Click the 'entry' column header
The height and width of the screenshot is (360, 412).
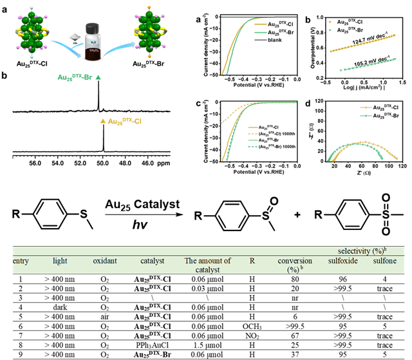21,261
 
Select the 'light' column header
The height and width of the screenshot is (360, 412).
60,261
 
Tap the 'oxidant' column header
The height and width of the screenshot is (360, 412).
105,261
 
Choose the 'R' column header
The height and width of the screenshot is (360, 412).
252,261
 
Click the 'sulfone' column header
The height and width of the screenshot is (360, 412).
385,261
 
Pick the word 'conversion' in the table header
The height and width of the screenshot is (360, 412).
295,261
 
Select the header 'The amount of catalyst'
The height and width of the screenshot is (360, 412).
207,265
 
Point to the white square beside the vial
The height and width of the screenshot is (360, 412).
75,37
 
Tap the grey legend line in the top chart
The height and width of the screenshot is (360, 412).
260,40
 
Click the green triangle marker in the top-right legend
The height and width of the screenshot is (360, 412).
330,30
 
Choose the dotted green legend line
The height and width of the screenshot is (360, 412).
253,146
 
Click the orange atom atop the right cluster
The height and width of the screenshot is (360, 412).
149,8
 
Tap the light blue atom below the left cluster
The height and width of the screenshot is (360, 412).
32,56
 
